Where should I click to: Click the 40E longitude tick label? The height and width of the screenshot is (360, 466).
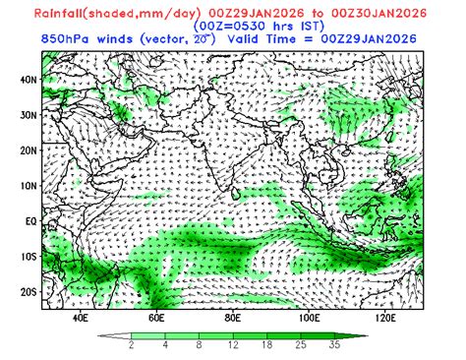point(80,318)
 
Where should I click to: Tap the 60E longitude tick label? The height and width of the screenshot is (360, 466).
point(156,318)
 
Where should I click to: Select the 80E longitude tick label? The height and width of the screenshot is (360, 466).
point(233,318)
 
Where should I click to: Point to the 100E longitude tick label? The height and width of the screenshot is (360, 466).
point(309,318)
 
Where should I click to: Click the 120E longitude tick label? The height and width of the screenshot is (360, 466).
point(385,318)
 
